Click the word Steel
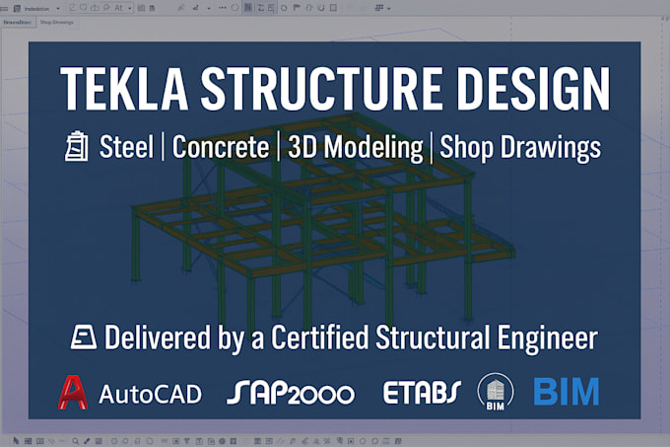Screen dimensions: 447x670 (126, 147)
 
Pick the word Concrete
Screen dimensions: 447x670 (221, 147)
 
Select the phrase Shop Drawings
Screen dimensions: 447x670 (519, 147)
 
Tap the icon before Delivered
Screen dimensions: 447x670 (83, 337)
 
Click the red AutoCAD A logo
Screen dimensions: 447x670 (72, 393)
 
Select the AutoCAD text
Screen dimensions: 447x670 (150, 394)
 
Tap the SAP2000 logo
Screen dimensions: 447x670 (290, 393)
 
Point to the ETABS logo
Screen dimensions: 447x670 (422, 393)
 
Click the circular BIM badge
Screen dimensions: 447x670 (495, 392)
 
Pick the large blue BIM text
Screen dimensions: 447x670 (566, 392)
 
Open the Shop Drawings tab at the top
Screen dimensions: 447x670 (57, 22)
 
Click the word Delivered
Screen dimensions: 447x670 (157, 337)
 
